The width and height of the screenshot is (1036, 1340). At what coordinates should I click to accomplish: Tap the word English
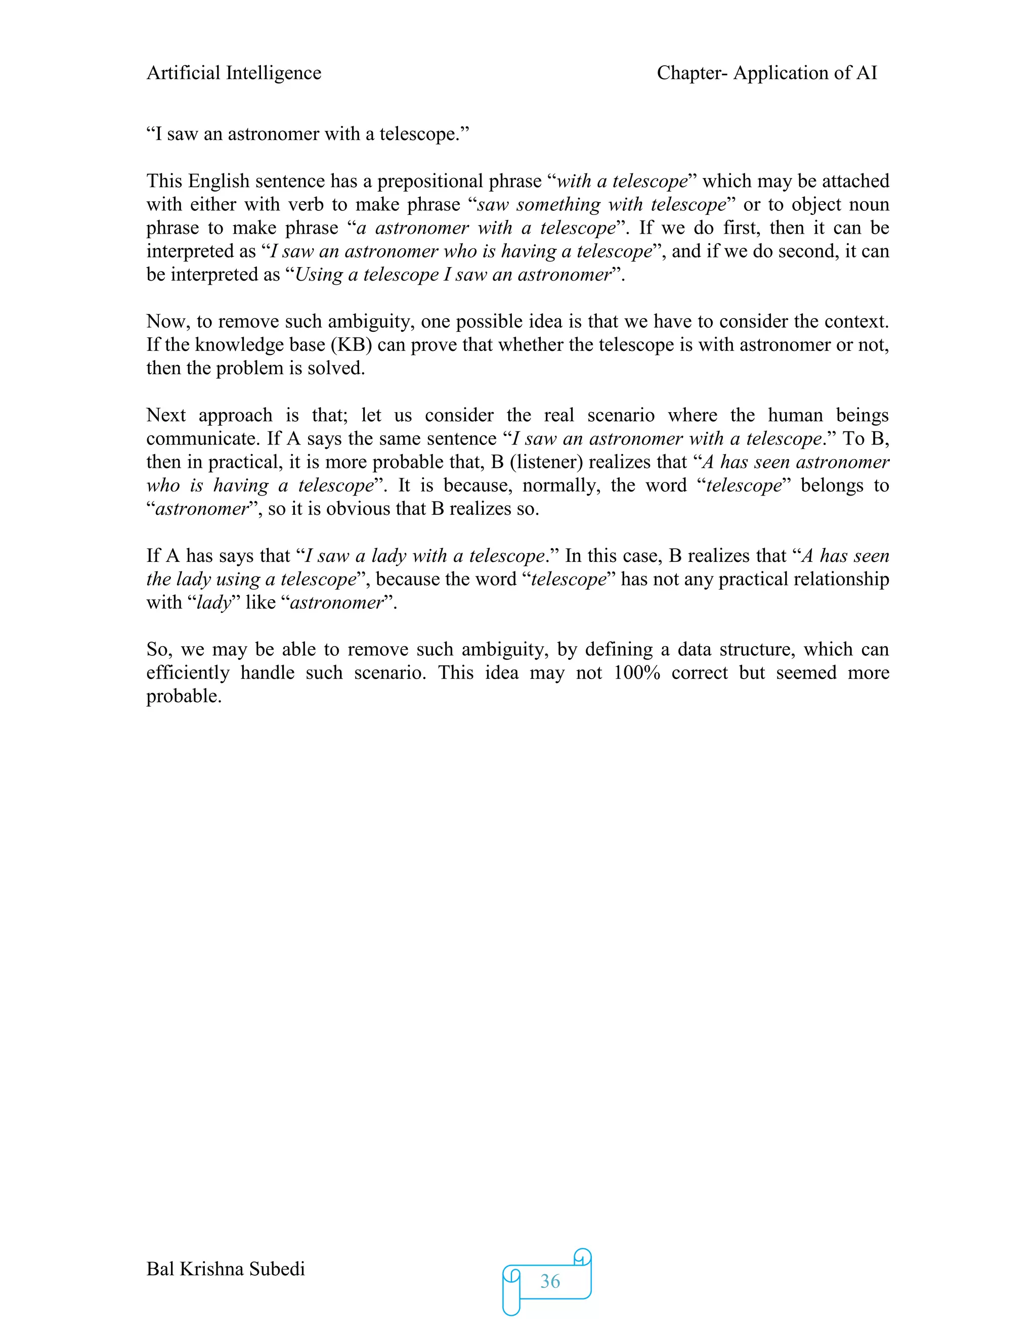(219, 182)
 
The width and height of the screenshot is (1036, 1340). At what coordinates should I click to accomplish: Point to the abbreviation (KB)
(352, 345)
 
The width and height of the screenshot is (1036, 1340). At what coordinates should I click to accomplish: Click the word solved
(339, 368)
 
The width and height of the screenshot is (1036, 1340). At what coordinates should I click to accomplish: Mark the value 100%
(636, 673)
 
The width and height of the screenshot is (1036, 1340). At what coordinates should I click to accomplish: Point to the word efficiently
(188, 673)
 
